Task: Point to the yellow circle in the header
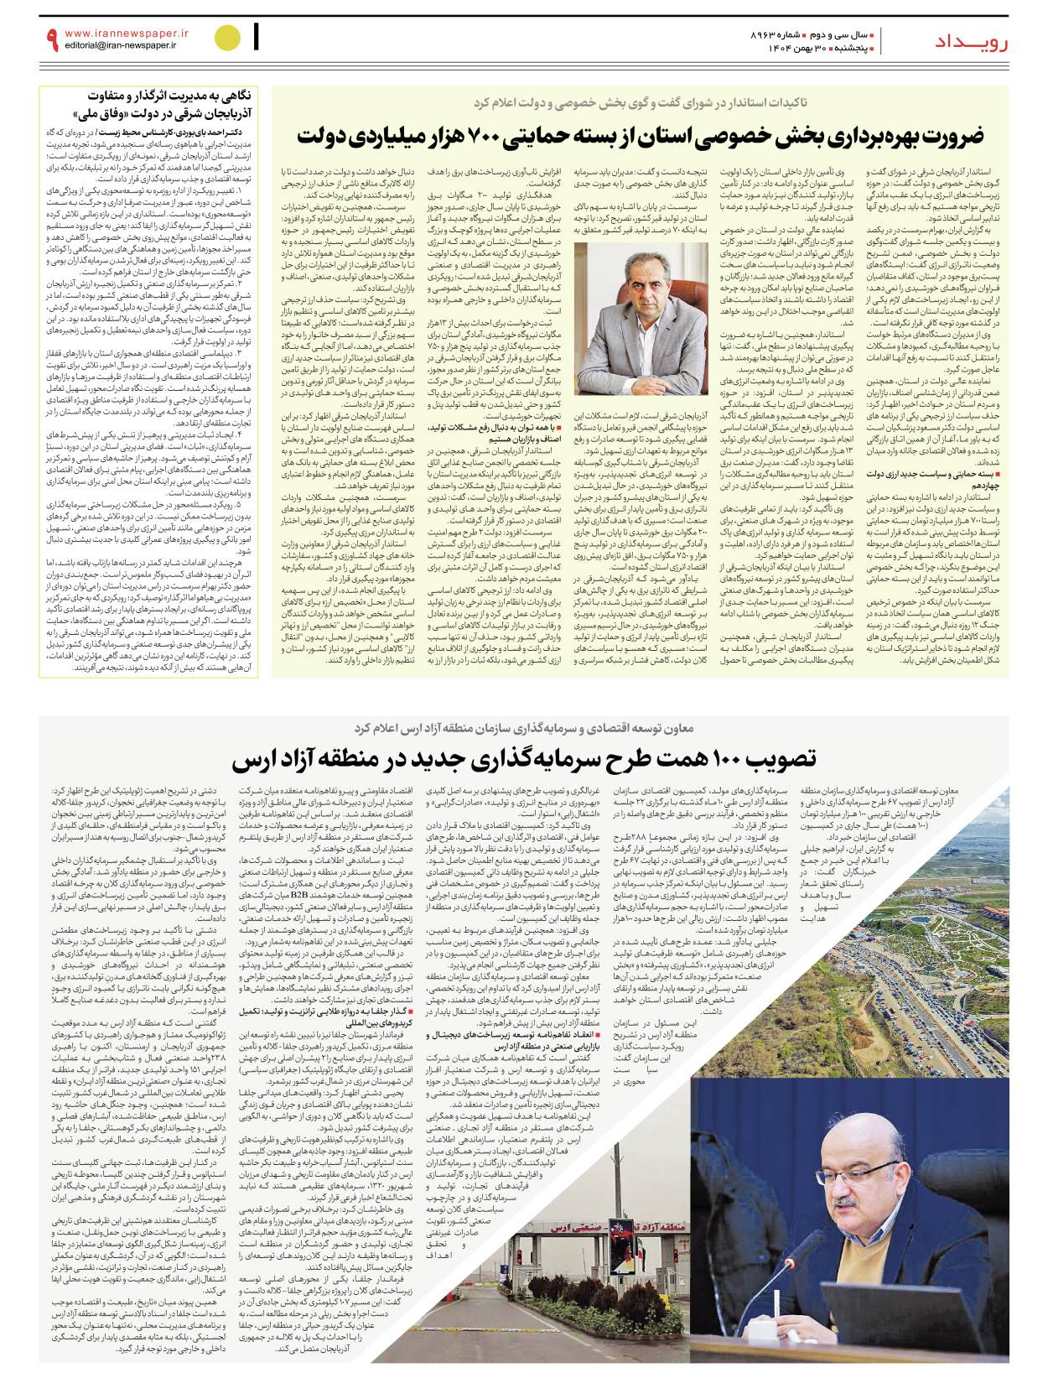coord(227,38)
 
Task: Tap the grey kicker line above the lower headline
coord(523,727)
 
